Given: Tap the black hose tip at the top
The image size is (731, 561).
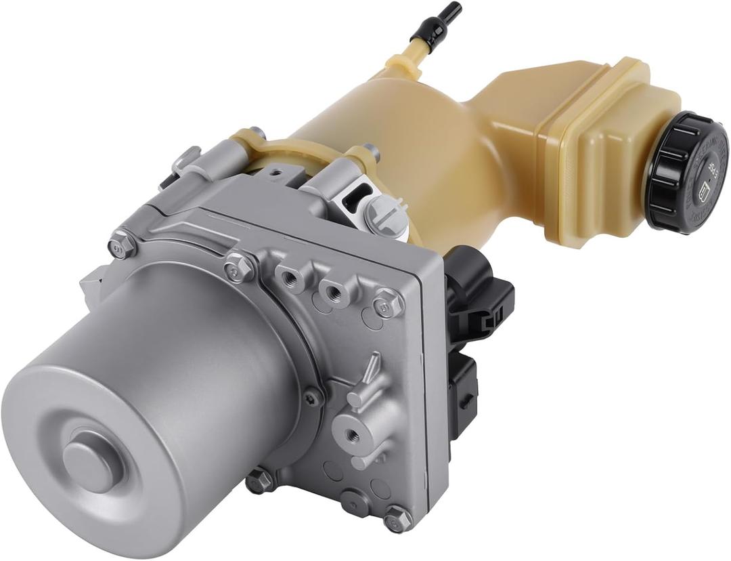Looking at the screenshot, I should (x=446, y=15).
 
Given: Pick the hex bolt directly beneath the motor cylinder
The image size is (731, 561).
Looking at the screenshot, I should (x=260, y=481).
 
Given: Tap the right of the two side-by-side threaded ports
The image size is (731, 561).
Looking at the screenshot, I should (x=333, y=292).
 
